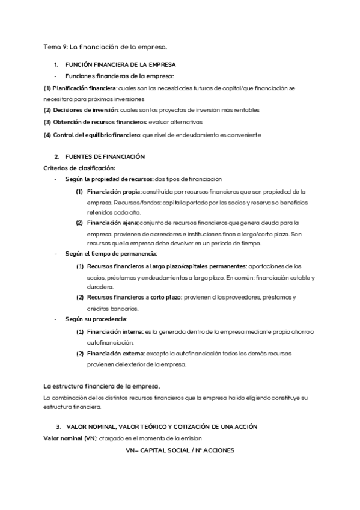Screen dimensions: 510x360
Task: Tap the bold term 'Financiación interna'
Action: [114, 331]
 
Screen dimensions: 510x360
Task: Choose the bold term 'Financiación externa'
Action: [115, 353]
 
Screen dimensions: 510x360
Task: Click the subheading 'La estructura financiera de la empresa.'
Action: [101, 386]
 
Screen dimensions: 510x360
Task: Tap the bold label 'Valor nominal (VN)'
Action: [70, 438]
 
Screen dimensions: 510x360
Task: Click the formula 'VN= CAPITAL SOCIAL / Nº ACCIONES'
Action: [180, 450]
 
